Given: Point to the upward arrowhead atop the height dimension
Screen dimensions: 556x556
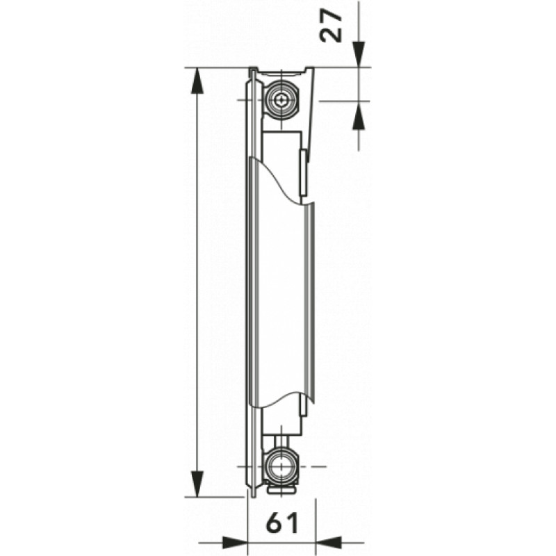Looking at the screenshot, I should [197, 80].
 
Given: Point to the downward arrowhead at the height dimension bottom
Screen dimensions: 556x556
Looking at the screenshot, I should [197, 484].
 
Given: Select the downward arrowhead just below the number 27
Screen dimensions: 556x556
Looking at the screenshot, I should [358, 54].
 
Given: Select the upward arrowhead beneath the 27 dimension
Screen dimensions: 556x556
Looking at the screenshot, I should [358, 115].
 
